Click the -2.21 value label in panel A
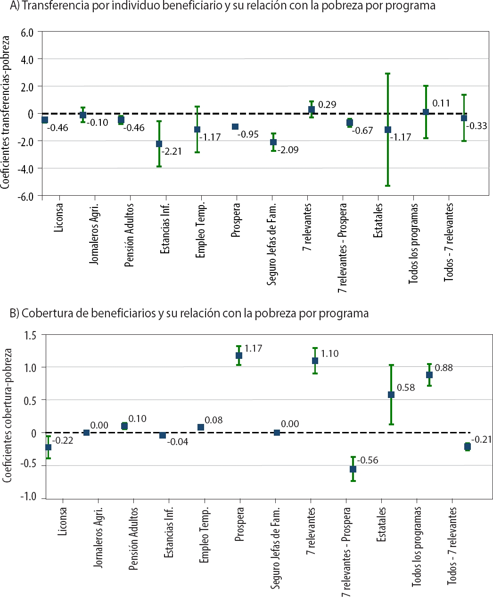pos(172,151)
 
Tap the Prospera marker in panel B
pos(239,356)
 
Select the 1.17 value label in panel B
pos(253,348)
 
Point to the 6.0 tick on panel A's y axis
pos(27,33)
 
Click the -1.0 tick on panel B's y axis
pos(28,497)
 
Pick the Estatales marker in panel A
pos(388,130)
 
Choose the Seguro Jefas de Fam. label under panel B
pos(276,547)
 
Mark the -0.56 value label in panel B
pos(368,460)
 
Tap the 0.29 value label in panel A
pos(327,105)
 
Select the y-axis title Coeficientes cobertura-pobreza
pos(7,415)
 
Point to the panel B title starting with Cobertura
pos(189,313)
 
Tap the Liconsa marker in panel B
pos(48,447)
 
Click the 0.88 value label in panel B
pos(444,368)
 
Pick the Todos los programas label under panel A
pos(414,243)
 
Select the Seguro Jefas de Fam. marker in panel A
pos(273,142)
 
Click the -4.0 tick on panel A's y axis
pos(27,169)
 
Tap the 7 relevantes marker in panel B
pos(315,361)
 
